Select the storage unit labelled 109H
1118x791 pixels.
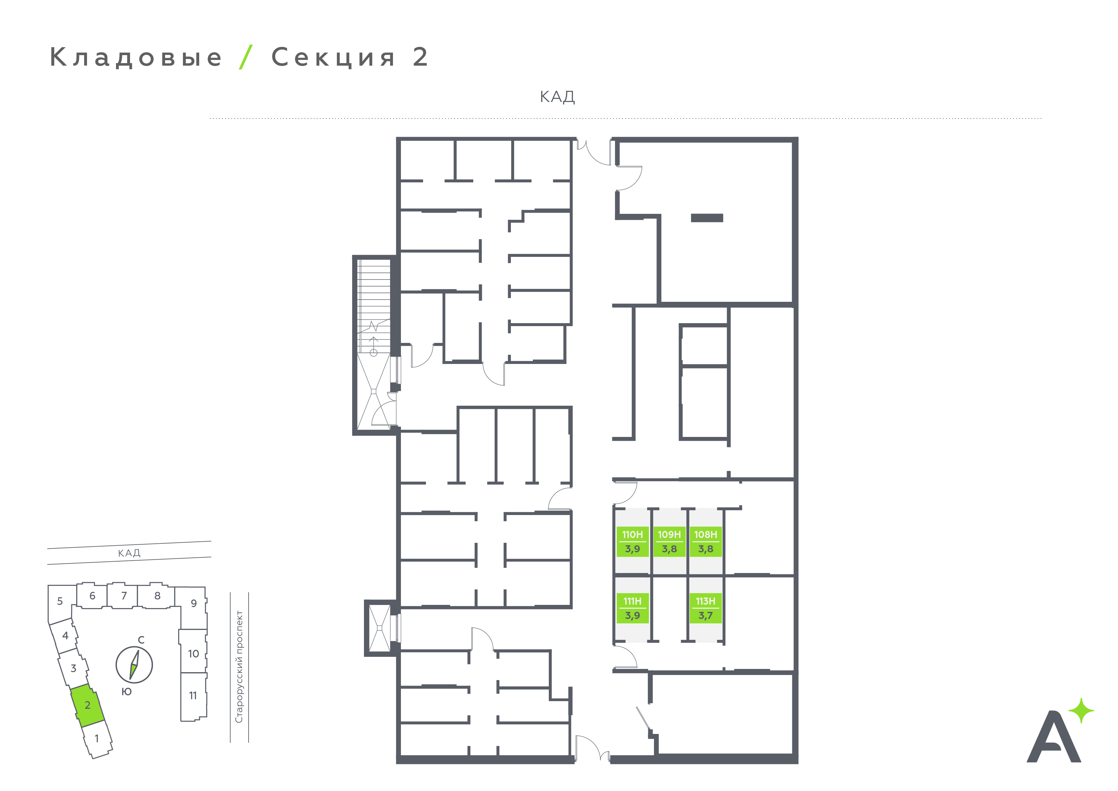669,541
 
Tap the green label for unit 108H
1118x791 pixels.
706,541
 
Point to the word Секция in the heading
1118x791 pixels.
333,57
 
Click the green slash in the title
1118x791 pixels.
246,57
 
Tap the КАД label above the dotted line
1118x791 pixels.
557,97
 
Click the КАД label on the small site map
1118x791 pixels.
129,553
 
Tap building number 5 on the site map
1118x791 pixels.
60,601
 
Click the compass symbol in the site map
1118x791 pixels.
134,665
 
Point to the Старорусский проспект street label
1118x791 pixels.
239,667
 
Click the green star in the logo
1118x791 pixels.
1081,711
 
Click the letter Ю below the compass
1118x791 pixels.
127,692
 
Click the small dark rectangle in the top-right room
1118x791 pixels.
707,218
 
